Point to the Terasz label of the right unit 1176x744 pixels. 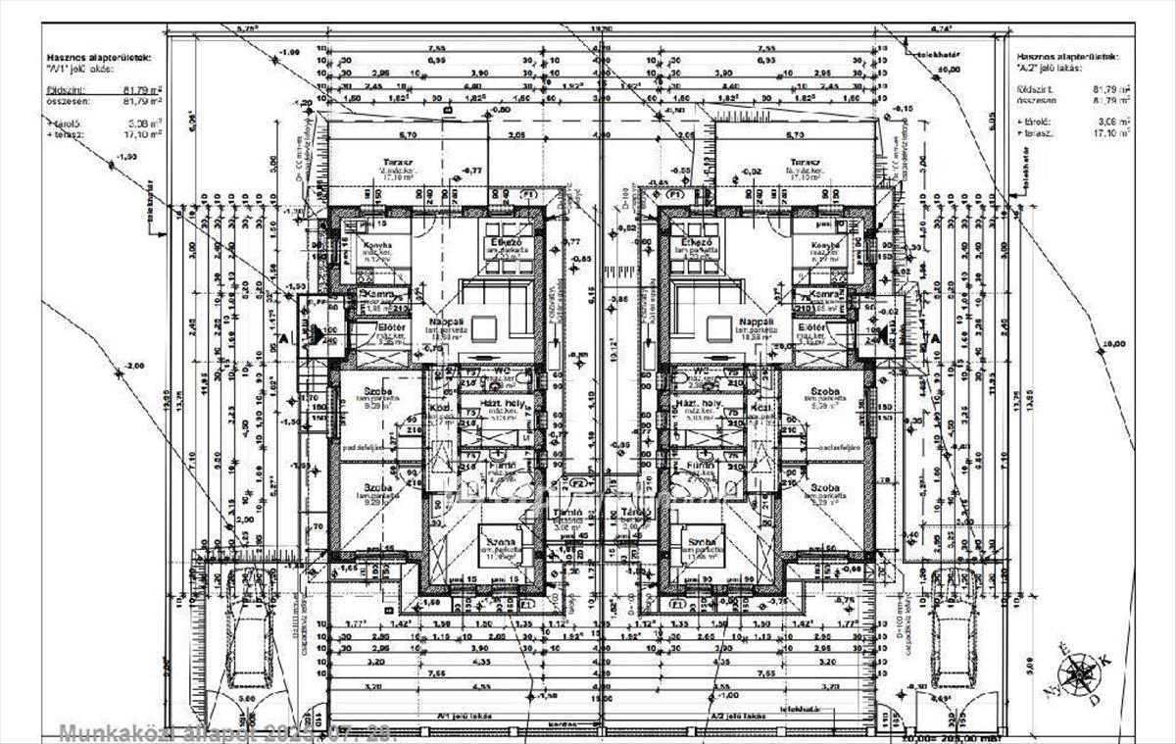(805, 162)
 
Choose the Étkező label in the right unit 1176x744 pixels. (697, 241)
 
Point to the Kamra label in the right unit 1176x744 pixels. (826, 294)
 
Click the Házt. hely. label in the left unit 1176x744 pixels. (501, 404)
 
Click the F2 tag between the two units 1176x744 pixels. (578, 484)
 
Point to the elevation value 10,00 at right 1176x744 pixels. (1113, 344)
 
